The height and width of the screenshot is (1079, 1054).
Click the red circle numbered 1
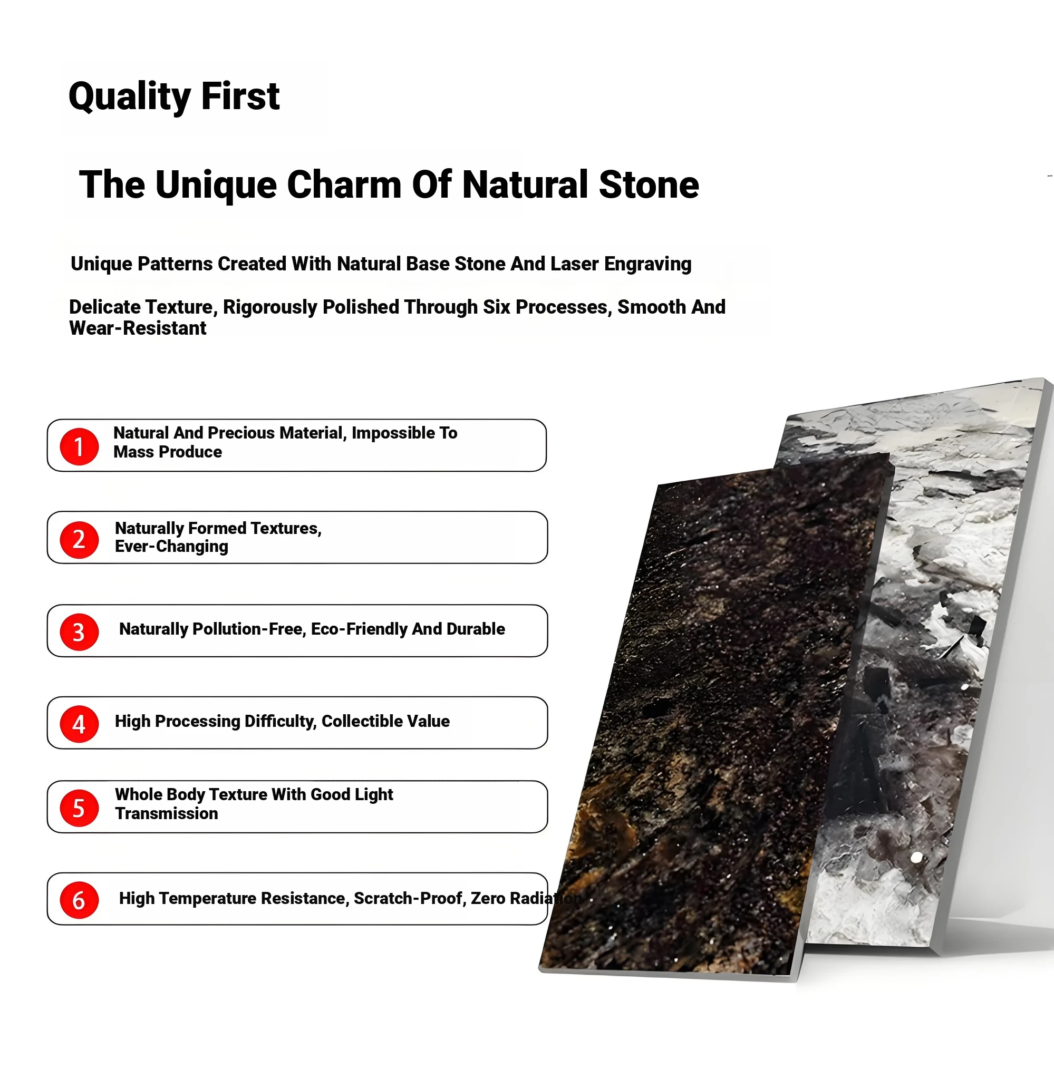(x=79, y=446)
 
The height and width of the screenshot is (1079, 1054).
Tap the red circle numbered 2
(x=79, y=540)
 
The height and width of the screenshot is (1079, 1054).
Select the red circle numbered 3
(x=79, y=632)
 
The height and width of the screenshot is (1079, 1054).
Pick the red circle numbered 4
(x=79, y=724)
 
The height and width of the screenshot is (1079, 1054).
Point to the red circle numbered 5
(x=79, y=808)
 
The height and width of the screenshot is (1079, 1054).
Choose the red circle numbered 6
(x=79, y=900)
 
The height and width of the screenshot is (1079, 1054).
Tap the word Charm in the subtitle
(x=344, y=184)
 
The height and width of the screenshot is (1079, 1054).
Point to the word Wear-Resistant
(x=138, y=328)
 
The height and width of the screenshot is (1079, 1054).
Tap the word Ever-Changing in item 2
(x=171, y=547)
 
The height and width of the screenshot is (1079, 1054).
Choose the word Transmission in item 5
(x=167, y=813)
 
